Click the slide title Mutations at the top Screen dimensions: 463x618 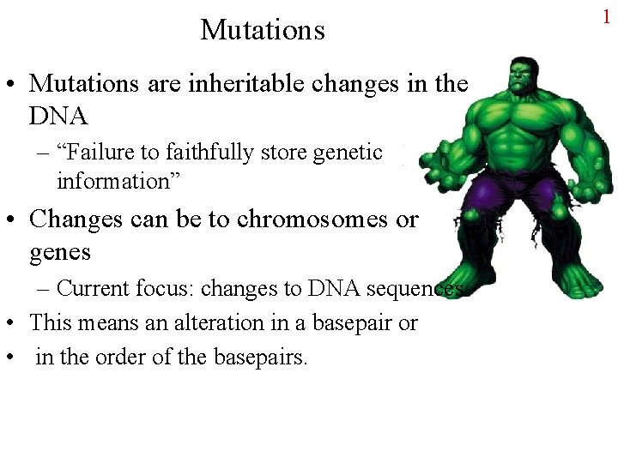pyautogui.click(x=263, y=30)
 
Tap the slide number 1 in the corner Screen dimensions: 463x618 pyautogui.click(x=607, y=16)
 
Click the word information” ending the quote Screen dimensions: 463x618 pyautogui.click(x=109, y=182)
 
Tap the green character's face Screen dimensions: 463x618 pyautogui.click(x=520, y=77)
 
